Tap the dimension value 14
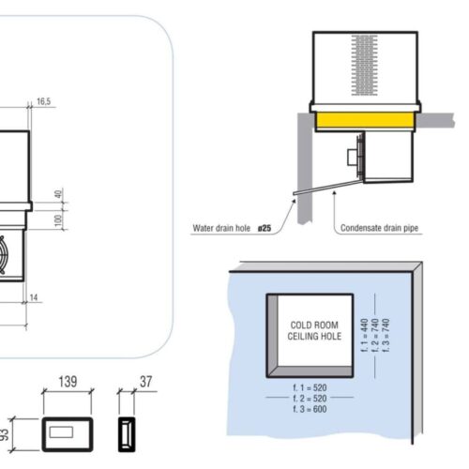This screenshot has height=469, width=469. (x=35, y=297)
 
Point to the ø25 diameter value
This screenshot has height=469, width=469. (x=268, y=227)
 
